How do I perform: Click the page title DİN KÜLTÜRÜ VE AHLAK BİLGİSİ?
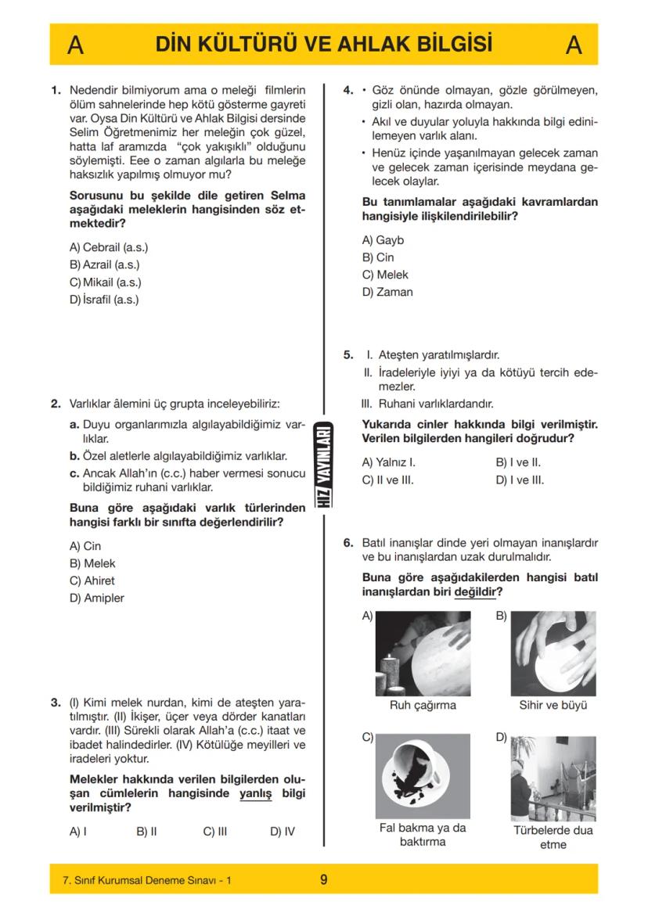(x=324, y=45)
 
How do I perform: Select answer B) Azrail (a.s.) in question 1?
(x=105, y=264)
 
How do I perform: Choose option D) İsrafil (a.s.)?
(x=106, y=299)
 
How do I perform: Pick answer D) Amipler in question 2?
(x=97, y=598)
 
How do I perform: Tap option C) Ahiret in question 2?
(x=92, y=581)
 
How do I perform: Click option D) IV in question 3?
(x=283, y=832)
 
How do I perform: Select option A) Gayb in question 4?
(x=383, y=240)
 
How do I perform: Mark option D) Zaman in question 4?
(x=387, y=292)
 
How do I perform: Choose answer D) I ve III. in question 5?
(x=520, y=480)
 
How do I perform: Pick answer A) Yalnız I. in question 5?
(x=388, y=462)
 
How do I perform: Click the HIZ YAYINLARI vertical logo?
(x=323, y=465)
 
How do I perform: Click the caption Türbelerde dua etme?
(x=553, y=837)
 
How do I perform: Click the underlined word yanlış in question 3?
(x=255, y=793)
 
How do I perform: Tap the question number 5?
(x=349, y=354)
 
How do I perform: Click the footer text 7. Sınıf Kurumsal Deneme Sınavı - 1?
(x=147, y=880)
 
